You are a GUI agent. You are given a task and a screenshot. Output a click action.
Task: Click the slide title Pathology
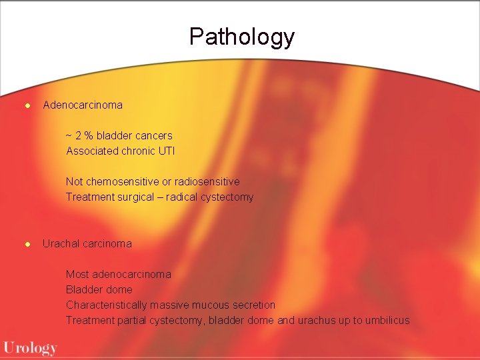[241, 37]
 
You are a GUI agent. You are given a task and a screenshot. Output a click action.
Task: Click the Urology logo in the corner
[30, 348]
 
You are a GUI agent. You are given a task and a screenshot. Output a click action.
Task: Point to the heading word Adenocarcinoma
[83, 105]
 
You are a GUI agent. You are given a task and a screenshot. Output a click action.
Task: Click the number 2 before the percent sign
[78, 136]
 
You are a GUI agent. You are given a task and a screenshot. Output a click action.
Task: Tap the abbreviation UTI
[167, 151]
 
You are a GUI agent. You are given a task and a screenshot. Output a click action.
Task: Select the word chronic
[139, 151]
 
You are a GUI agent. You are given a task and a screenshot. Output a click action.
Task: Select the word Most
[77, 275]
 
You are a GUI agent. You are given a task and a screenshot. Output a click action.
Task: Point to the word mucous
[210, 305]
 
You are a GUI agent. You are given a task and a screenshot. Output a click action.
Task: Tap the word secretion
[253, 305]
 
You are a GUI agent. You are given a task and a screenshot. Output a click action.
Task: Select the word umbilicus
[385, 321]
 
